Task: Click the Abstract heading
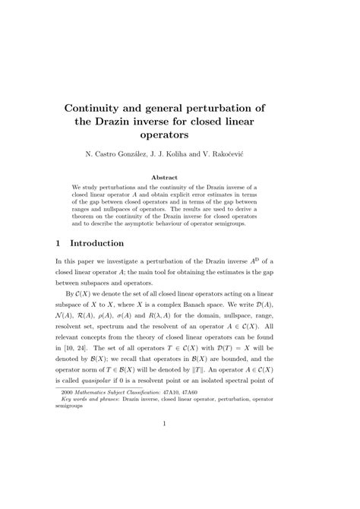point(180,176)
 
